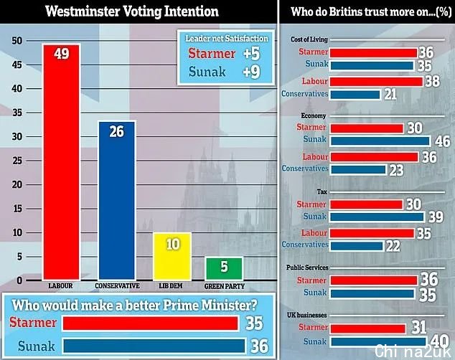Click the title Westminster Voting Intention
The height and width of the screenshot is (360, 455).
point(132,11)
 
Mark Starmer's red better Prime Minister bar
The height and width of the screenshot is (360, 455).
point(150,323)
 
